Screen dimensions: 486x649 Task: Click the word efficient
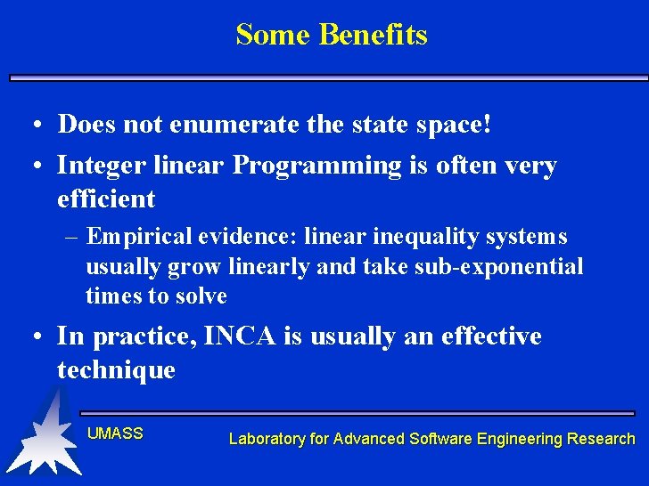point(106,198)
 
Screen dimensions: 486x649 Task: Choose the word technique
point(116,369)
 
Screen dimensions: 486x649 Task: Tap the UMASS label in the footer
point(115,433)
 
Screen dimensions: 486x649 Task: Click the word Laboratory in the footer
point(265,439)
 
